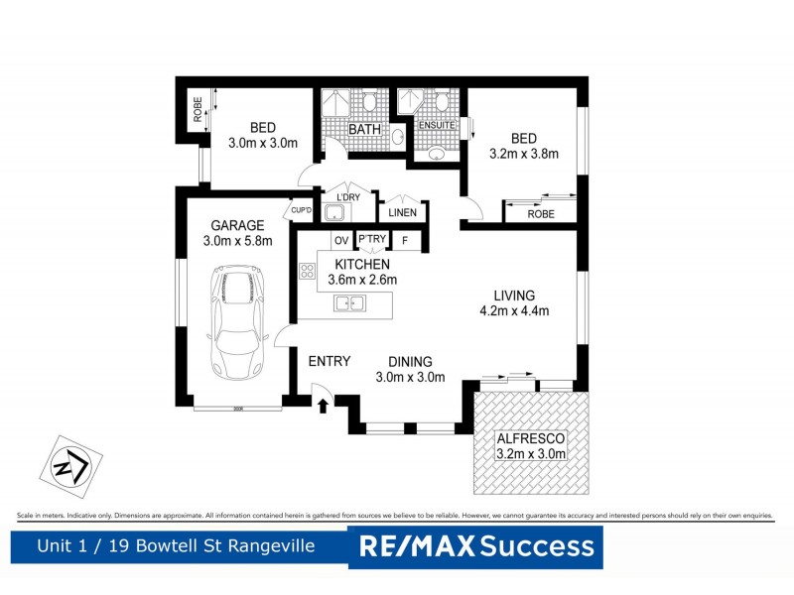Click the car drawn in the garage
[x=236, y=323]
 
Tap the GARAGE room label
[x=236, y=225]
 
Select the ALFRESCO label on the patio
[x=533, y=437]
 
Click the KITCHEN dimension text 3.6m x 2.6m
[x=362, y=280]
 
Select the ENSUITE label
[x=438, y=126]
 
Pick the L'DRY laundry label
[x=348, y=197]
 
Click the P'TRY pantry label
[x=372, y=240]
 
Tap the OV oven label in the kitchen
[x=340, y=240]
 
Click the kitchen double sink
[x=347, y=303]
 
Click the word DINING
[x=409, y=362]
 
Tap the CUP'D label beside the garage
[x=300, y=210]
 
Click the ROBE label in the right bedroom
[x=541, y=213]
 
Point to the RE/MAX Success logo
[x=476, y=545]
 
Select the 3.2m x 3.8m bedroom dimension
[x=524, y=154]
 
